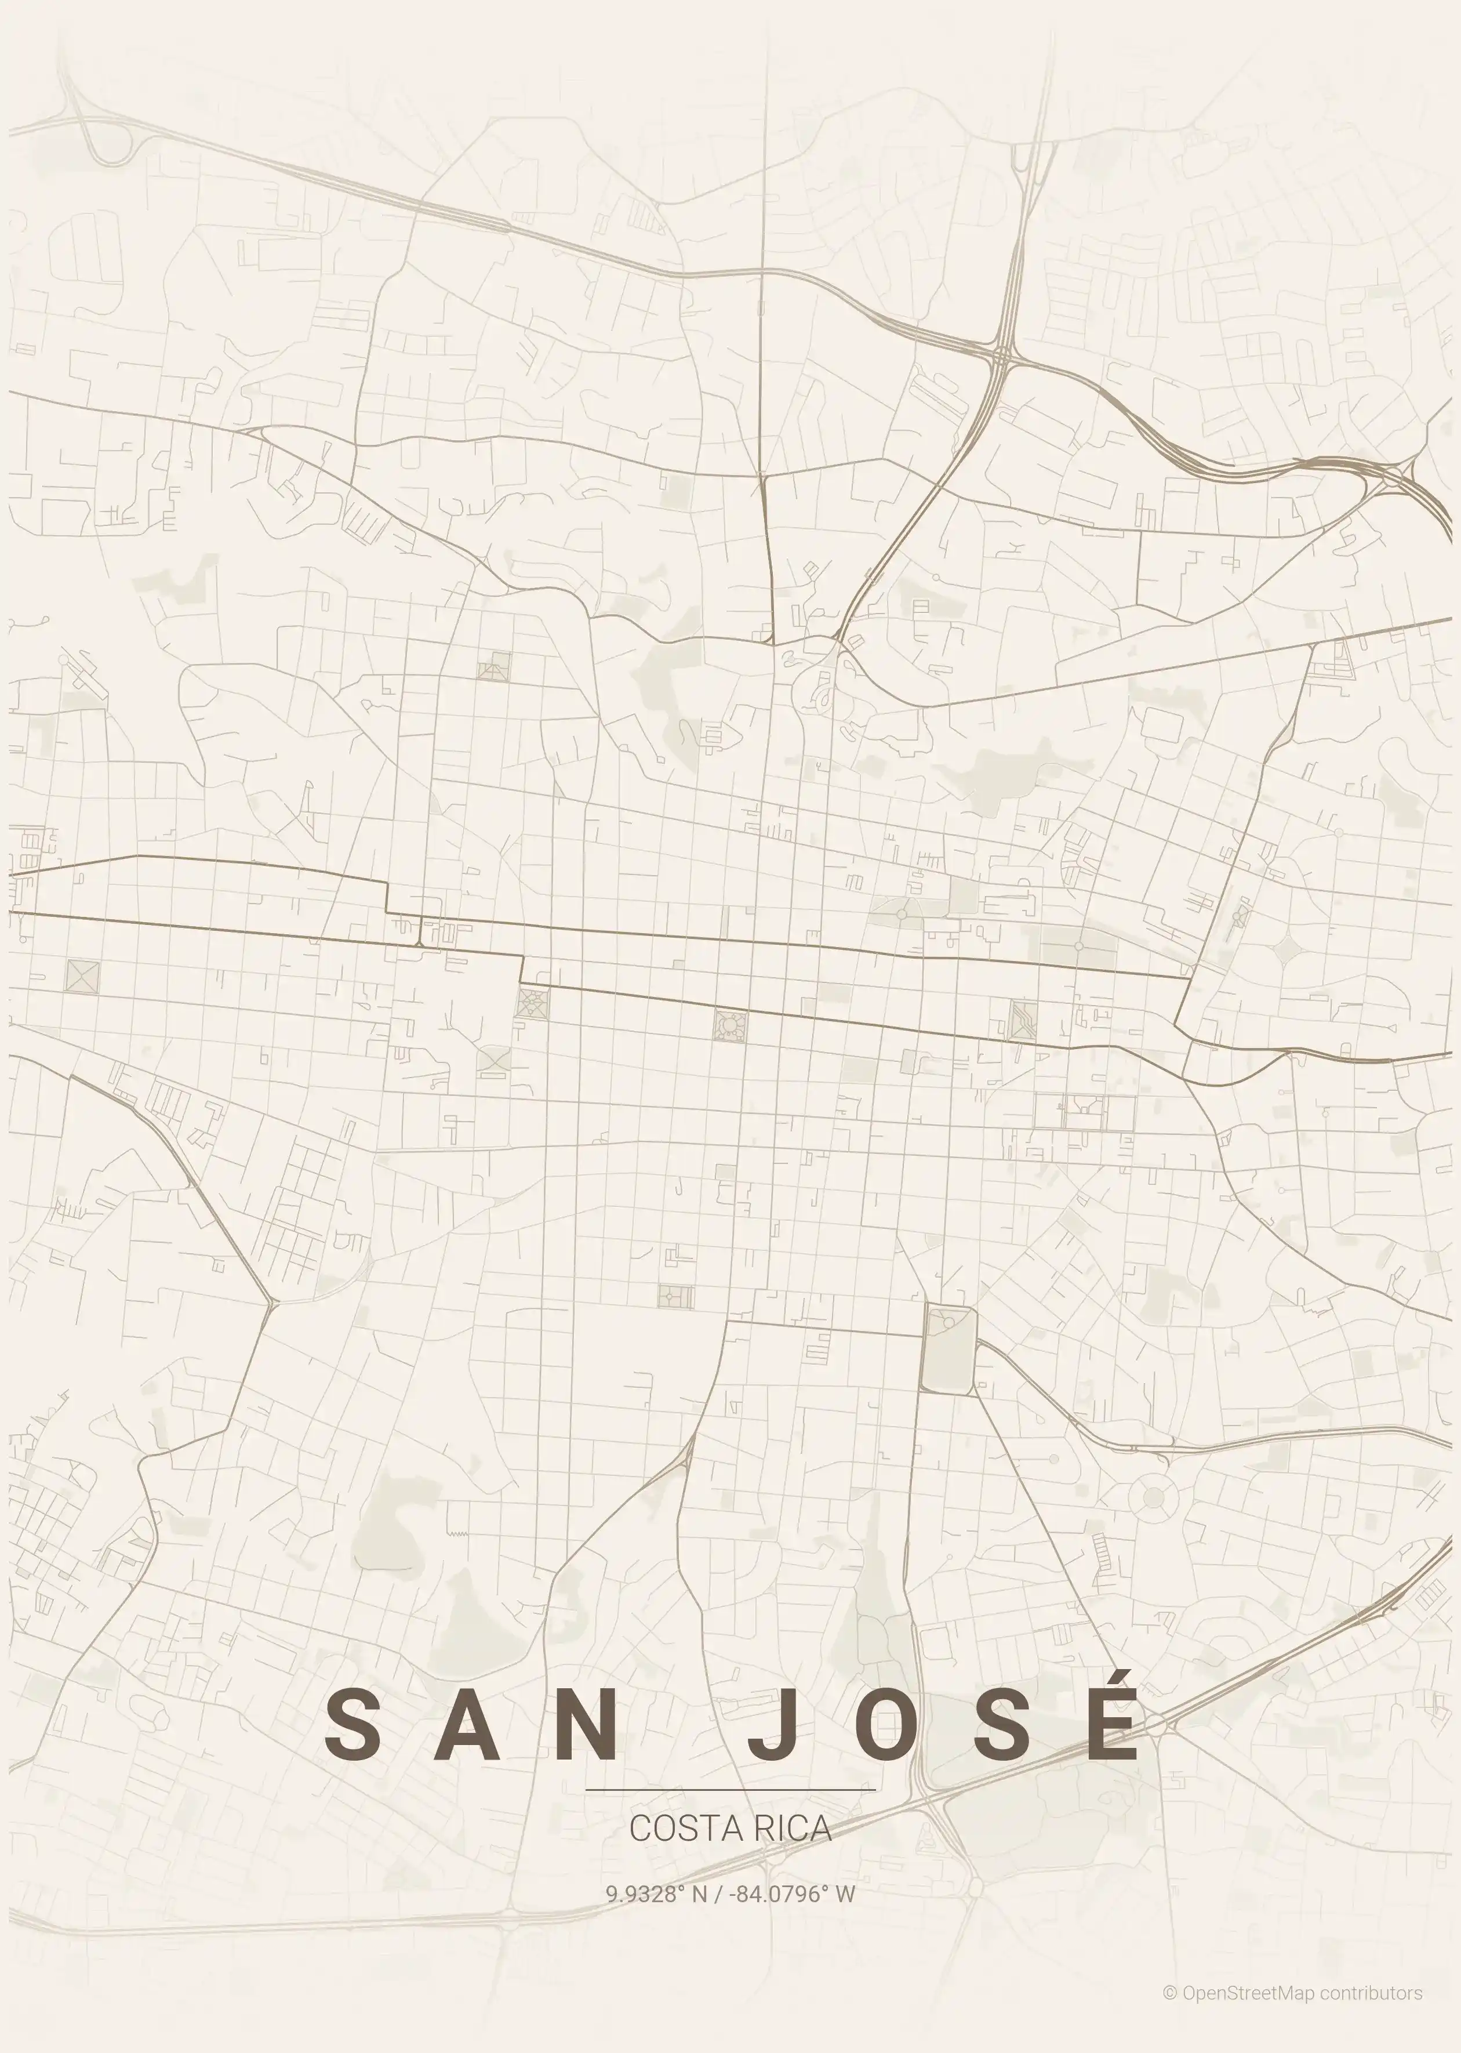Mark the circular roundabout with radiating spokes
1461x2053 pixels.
(x=1153, y=1498)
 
